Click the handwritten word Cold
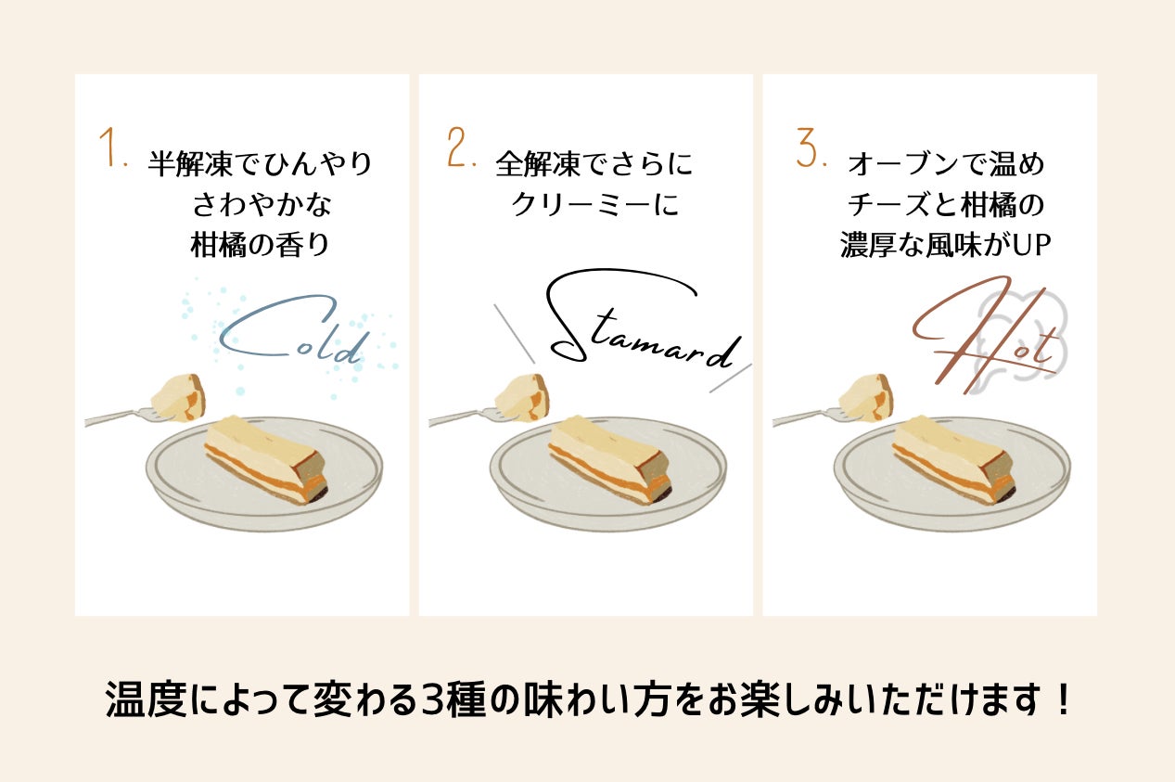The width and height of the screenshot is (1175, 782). click(291, 329)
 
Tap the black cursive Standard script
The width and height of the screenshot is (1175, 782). click(643, 320)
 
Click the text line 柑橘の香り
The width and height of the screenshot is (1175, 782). click(261, 245)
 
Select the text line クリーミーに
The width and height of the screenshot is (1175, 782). click(594, 204)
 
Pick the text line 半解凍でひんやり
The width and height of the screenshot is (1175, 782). click(261, 163)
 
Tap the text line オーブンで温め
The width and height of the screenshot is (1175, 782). click(945, 163)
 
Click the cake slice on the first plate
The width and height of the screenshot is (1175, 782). click(266, 459)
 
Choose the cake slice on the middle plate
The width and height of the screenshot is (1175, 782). click(609, 459)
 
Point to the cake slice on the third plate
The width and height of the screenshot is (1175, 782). click(953, 459)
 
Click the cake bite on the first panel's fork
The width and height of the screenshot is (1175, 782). click(178, 397)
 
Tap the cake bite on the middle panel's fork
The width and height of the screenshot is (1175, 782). click(522, 397)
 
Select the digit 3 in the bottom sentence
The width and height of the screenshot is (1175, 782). click(436, 700)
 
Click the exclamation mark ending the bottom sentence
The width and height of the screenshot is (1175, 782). click(1064, 699)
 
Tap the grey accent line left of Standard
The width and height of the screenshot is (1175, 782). click(514, 334)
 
